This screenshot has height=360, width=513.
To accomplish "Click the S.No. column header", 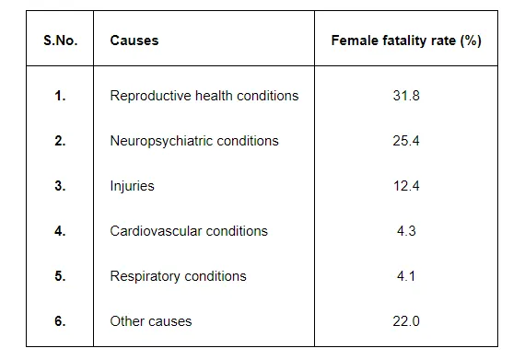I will pyautogui.click(x=60, y=41).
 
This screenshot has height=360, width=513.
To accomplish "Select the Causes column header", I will pyautogui.click(x=134, y=41).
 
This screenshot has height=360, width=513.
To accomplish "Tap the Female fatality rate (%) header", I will pyautogui.click(x=406, y=41).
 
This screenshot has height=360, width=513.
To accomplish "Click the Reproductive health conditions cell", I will pyautogui.click(x=204, y=96).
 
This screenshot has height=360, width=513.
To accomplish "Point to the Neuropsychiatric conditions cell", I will pyautogui.click(x=193, y=141).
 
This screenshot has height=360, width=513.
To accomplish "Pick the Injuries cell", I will pyautogui.click(x=132, y=186).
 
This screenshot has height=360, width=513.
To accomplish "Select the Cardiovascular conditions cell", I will pyautogui.click(x=188, y=231).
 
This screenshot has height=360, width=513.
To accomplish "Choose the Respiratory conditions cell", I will pyautogui.click(x=178, y=276).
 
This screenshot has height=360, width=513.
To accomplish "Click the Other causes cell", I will pyautogui.click(x=151, y=321).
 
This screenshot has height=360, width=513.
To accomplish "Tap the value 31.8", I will pyautogui.click(x=406, y=96).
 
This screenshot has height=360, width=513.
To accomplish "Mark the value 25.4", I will pyautogui.click(x=406, y=141).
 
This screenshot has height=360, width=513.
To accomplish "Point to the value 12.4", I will pyautogui.click(x=406, y=186).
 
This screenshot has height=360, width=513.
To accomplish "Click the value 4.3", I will pyautogui.click(x=406, y=231).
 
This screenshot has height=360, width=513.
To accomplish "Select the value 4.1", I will pyautogui.click(x=406, y=276).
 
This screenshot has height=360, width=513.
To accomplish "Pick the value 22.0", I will pyautogui.click(x=406, y=321).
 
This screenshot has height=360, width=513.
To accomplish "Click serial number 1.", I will pyautogui.click(x=60, y=96).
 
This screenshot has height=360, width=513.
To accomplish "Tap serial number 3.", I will pyautogui.click(x=60, y=186).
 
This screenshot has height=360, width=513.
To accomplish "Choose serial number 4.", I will pyautogui.click(x=60, y=231).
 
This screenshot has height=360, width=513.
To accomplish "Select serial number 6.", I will pyautogui.click(x=60, y=321).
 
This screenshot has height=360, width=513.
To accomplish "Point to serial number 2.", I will pyautogui.click(x=60, y=141).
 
